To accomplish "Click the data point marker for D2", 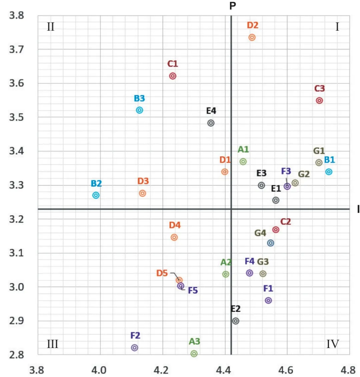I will pos(252,37).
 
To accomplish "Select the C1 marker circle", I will pos(173,76).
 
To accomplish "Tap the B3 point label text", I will pos(139,99).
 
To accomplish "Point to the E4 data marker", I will pos(211,123).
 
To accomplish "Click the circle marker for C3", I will pos(319,101).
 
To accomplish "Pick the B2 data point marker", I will pos(96,195).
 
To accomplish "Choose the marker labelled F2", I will pos(135,348).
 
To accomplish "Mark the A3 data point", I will pos(194,353).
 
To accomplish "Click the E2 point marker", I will pos(236,321).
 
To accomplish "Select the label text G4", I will pos(260,233).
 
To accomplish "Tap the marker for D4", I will pos(174,237).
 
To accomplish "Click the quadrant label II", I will pos(51,27).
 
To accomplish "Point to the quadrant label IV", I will pos(333,344).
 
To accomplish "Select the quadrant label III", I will pos(53,344).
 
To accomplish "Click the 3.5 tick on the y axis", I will pos(17,117).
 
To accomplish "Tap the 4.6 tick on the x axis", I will pos(286,370).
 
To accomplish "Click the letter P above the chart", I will pos(233,6).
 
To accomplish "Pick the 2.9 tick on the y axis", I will pos(17,321).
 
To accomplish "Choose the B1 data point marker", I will pos(329,172).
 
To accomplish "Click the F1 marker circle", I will pos(268,300).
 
